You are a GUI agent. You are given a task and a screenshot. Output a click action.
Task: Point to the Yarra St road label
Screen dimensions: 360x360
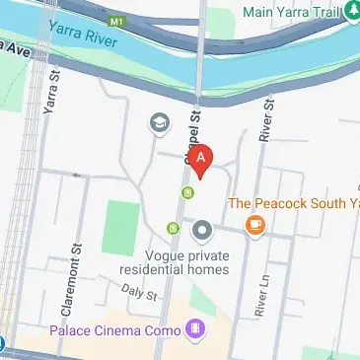click(53, 100)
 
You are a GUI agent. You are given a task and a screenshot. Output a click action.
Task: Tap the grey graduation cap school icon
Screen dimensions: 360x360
click(158, 123)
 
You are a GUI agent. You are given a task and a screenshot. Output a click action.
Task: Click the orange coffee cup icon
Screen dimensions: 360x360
click(256, 226)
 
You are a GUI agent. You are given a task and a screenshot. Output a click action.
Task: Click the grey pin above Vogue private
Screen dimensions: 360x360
click(203, 232)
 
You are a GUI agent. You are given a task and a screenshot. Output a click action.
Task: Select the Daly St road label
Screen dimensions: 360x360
click(140, 292)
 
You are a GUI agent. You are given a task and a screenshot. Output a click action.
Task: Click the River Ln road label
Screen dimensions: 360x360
click(261, 296)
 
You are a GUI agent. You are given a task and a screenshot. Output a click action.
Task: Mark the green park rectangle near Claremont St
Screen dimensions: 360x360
click(121, 227)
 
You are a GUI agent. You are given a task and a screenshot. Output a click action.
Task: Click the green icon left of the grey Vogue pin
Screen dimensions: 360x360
click(175, 229)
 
